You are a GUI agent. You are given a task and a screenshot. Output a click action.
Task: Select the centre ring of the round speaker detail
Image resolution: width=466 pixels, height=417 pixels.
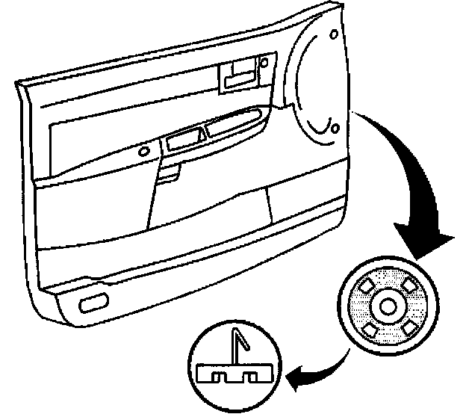click(x=388, y=305)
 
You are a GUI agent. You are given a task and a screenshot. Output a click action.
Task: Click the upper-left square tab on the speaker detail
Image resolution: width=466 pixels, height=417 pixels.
click(x=367, y=285)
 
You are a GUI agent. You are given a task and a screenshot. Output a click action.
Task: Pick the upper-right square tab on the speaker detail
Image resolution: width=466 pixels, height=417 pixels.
click(x=408, y=284)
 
